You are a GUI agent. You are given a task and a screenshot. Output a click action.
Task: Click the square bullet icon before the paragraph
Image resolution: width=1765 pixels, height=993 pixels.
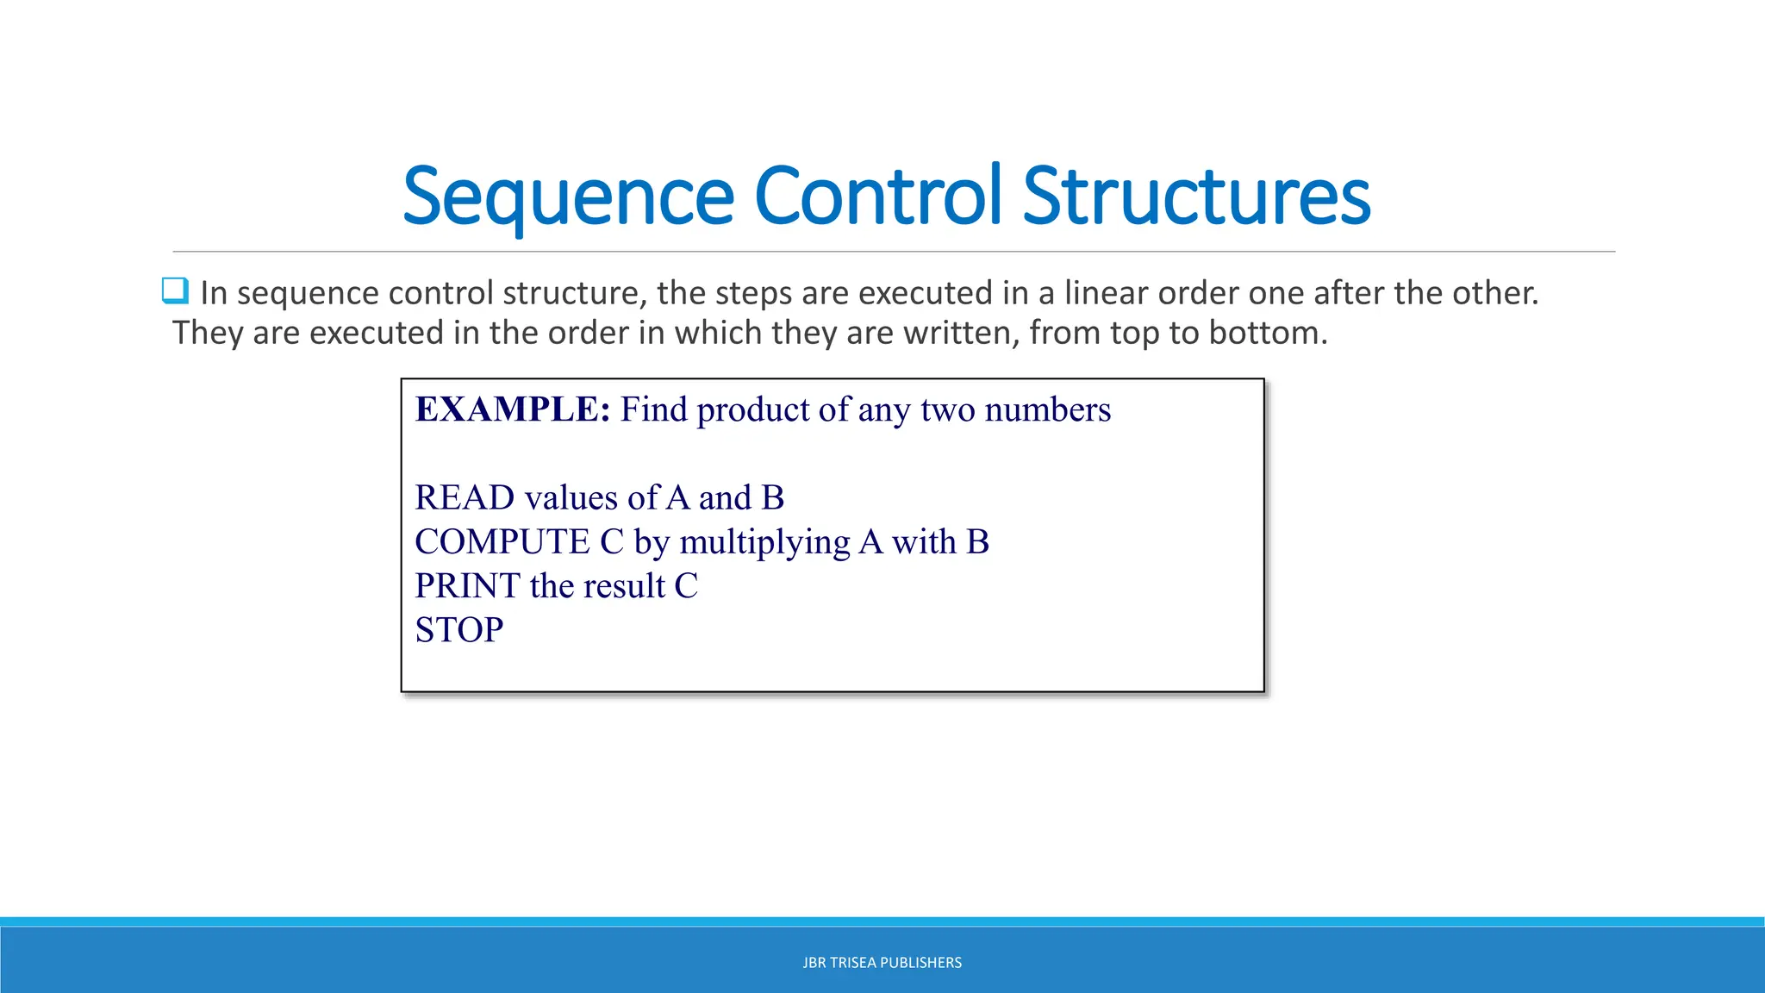175,291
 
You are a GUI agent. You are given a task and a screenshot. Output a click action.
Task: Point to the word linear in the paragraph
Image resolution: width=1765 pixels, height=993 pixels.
1106,293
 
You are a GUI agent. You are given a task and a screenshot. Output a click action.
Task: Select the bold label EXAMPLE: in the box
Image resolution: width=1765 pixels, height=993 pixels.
513,409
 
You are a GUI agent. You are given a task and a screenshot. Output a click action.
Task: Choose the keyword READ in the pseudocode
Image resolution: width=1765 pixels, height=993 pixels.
465,497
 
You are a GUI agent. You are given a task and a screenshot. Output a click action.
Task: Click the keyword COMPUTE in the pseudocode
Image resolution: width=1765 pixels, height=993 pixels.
502,541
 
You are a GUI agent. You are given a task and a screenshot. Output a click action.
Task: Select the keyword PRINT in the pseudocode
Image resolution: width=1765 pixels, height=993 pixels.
467,586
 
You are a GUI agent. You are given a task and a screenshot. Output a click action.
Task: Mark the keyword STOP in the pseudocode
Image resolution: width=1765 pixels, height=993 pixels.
458,630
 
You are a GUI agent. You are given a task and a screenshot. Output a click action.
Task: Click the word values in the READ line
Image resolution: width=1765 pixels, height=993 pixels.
571,497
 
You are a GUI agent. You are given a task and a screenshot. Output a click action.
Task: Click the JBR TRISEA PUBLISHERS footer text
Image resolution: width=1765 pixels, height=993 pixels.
882,963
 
